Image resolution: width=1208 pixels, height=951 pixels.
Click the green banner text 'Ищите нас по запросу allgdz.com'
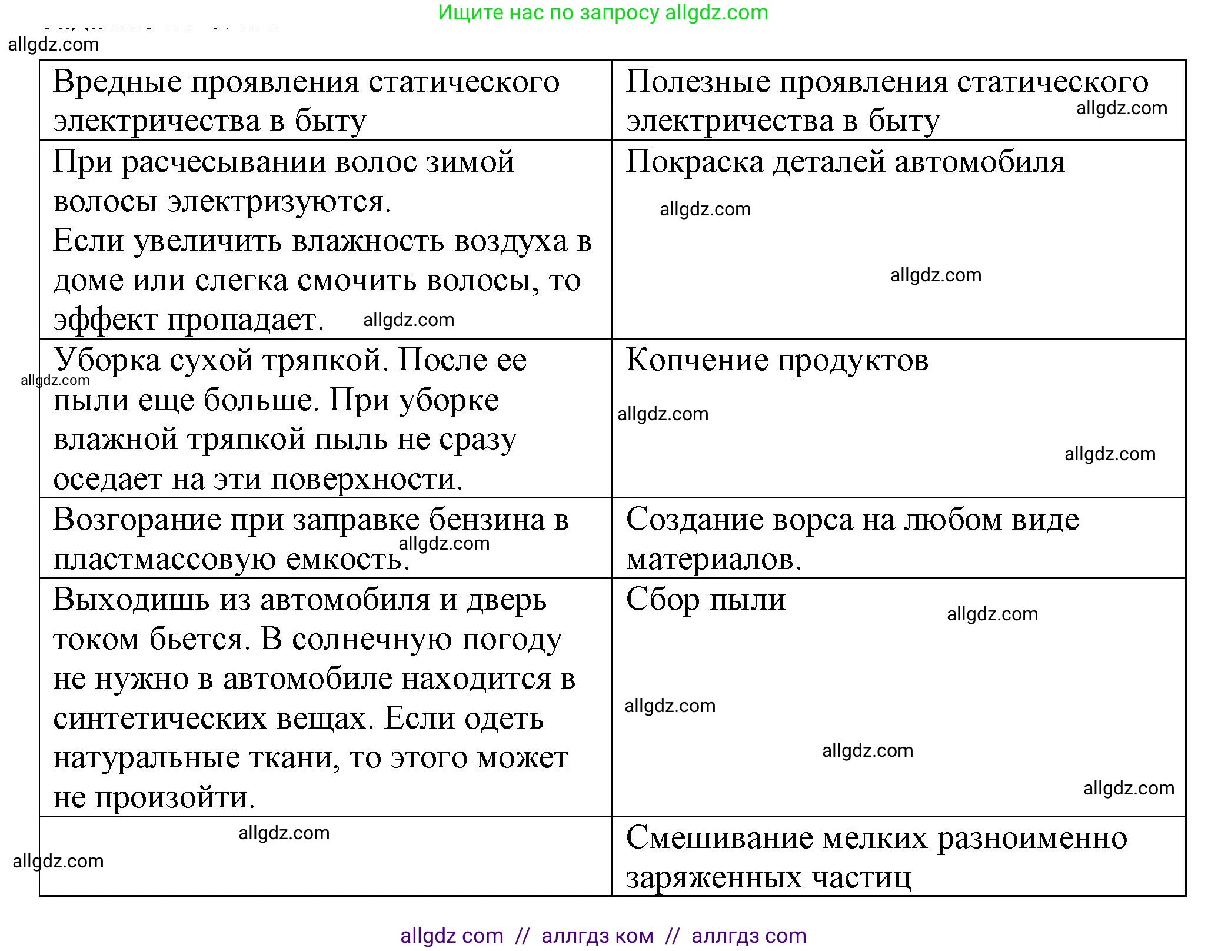tap(603, 12)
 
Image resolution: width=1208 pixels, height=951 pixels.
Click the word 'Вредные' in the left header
tap(117, 81)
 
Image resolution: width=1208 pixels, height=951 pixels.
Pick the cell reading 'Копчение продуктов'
tap(777, 360)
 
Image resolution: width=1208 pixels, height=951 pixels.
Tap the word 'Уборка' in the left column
tap(107, 360)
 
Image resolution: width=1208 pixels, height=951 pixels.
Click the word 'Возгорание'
tap(137, 520)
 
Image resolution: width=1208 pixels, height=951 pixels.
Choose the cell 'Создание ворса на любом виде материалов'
tap(852, 538)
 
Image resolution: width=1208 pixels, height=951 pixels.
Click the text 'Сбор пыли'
tap(706, 600)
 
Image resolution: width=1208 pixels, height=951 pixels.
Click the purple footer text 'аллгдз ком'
tap(597, 936)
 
